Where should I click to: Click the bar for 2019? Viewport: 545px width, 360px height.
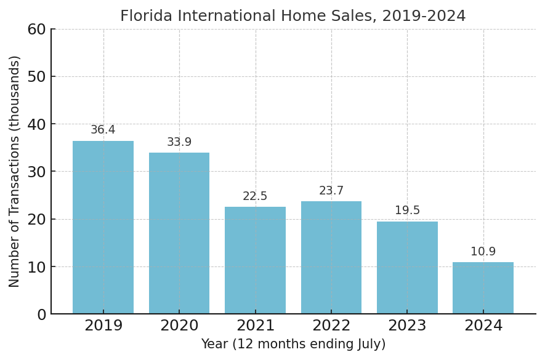(103, 228)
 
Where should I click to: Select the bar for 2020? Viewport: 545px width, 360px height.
(179, 233)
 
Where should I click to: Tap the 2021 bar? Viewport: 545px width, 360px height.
(255, 260)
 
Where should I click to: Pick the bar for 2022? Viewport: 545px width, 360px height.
(331, 258)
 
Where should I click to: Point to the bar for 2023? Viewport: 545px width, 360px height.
(407, 268)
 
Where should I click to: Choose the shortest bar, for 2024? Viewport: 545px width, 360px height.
(483, 288)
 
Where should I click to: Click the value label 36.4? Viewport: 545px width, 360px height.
(103, 130)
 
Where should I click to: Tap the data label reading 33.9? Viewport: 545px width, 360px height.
(179, 142)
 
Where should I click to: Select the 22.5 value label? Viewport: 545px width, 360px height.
(255, 196)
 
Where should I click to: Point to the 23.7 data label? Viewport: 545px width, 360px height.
(331, 191)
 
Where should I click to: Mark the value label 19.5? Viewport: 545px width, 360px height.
(407, 210)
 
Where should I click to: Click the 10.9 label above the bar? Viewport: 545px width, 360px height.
(483, 252)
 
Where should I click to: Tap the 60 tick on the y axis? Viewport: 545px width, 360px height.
(36, 29)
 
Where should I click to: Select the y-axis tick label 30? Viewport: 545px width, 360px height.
(36, 172)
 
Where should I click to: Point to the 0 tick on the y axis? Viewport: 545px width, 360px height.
(41, 314)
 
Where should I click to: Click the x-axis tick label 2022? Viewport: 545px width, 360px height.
(331, 326)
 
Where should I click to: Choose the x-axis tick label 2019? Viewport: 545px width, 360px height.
(103, 326)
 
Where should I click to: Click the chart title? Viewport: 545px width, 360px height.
(293, 16)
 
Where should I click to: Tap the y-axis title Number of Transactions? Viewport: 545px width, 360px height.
(15, 171)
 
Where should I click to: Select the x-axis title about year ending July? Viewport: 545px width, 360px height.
(293, 345)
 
